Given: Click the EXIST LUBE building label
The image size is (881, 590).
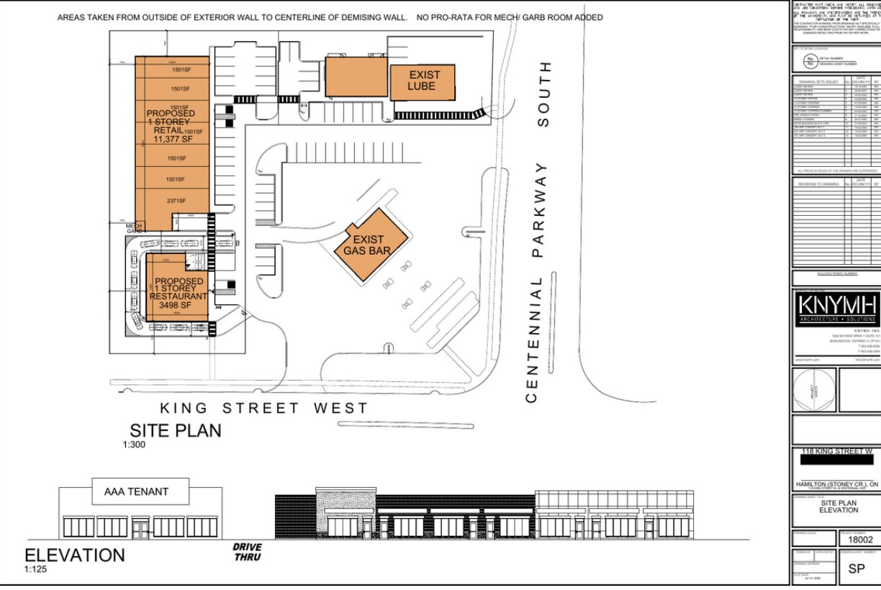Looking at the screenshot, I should click(423, 81).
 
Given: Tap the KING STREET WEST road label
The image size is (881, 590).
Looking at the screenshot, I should click(263, 408).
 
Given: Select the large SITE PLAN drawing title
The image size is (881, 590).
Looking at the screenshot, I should click(176, 430).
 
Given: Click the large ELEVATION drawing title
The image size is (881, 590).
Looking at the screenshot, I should click(75, 555).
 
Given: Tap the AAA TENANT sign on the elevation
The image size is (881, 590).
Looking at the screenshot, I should click(141, 491).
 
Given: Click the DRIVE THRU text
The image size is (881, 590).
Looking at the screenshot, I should click(247, 552).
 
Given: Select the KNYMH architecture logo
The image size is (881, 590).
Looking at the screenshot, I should click(836, 309).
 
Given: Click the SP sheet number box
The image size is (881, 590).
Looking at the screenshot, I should click(857, 568).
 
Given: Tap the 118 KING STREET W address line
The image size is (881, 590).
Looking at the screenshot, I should click(836, 452).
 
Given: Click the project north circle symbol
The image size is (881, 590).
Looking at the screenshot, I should click(814, 390).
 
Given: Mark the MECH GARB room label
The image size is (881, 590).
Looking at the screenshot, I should click(134, 228).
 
